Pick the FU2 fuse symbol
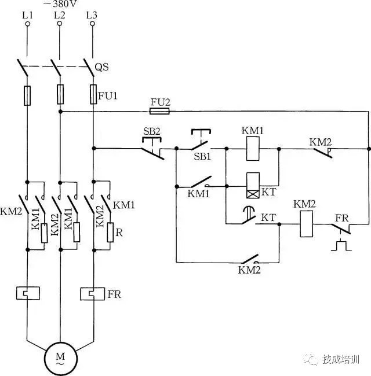[160, 111]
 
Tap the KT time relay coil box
[253, 186]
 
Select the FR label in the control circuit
[341, 218]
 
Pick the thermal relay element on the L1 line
[27, 293]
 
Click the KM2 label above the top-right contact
[320, 142]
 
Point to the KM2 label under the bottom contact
[249, 270]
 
